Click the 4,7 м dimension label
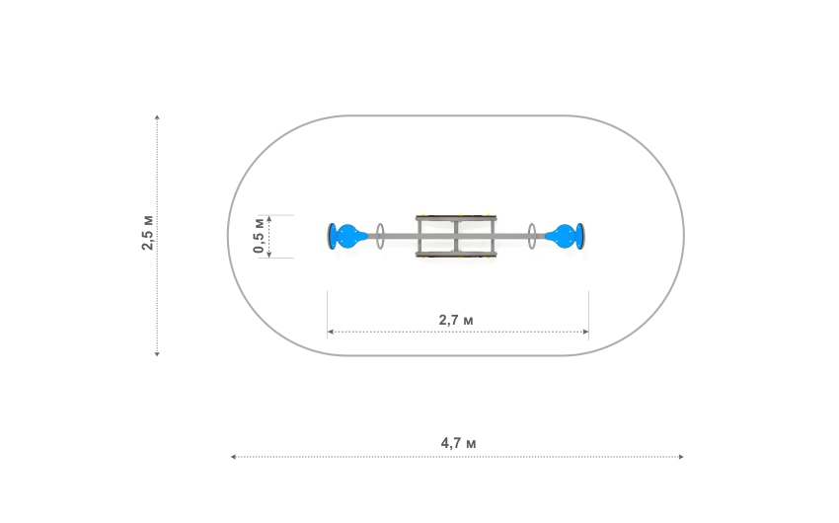click(x=458, y=443)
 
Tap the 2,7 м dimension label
click(x=456, y=320)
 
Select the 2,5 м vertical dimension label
click(x=147, y=233)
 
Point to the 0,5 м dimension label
click(x=259, y=235)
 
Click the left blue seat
click(x=348, y=237)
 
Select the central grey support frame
click(x=456, y=219)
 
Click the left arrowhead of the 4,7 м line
click(x=233, y=457)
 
